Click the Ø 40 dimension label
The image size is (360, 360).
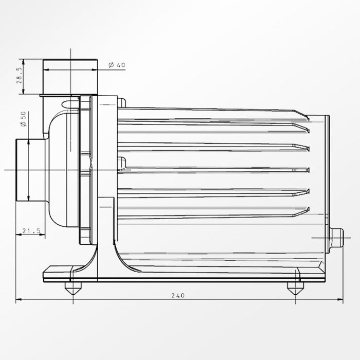[117, 65]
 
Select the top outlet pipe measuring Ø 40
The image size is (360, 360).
[70, 77]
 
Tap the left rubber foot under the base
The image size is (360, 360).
[73, 289]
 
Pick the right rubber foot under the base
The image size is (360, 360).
[295, 289]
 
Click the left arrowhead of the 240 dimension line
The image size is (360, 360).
[18, 300]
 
